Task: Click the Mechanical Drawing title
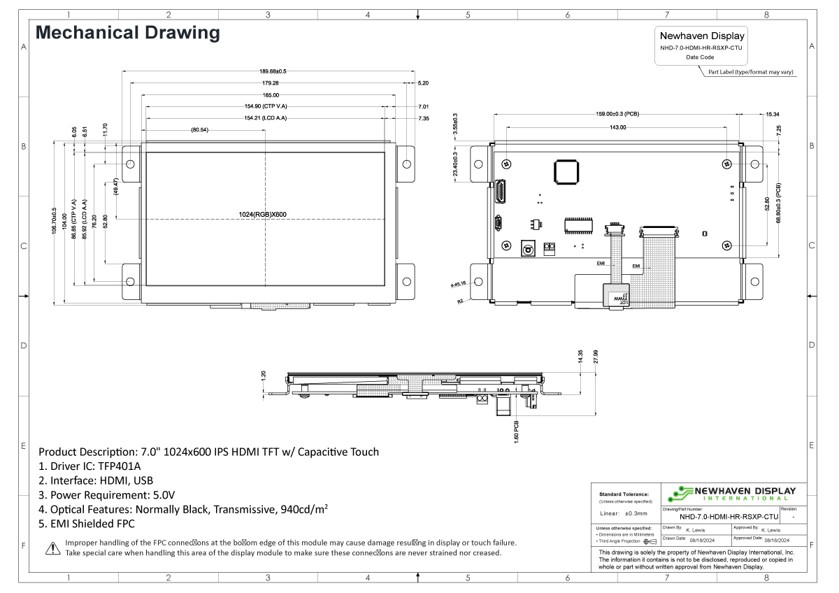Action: pos(128,33)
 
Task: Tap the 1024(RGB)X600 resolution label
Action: pos(263,214)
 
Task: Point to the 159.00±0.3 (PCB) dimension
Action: pos(617,114)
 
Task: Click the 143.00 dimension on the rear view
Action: pos(617,128)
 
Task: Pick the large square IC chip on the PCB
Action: pos(567,171)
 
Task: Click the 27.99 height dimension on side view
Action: pos(596,357)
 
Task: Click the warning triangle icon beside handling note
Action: pos(52,548)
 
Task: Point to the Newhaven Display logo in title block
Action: pos(730,493)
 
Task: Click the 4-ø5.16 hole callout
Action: pos(459,284)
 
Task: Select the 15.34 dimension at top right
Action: pos(773,114)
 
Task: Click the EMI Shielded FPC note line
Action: pos(87,524)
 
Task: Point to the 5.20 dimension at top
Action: pos(423,83)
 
